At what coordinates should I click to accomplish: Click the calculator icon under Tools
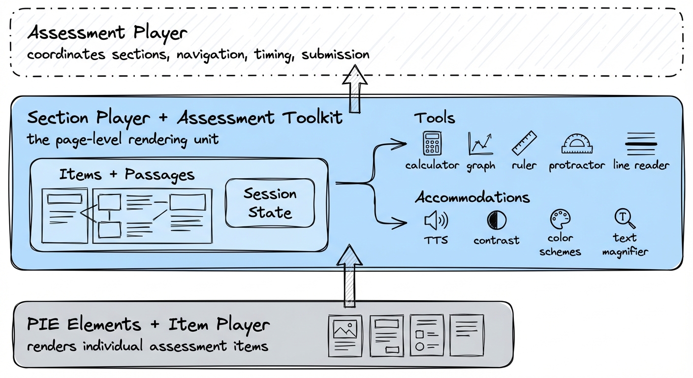pos(432,143)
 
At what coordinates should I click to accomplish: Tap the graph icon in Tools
pos(480,144)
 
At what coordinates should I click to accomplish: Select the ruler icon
pos(524,143)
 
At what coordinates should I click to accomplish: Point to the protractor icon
pos(577,144)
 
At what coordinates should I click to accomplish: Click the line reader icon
pos(641,143)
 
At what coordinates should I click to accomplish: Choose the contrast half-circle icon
pos(496,220)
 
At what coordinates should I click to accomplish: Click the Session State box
pos(270,203)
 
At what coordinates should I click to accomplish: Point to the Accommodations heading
pos(472,197)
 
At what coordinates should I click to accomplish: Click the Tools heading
pos(434,118)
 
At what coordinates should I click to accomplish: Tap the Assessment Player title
pos(107,33)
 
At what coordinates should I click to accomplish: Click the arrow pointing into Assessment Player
pos(355,89)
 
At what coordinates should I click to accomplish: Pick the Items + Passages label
pos(126,175)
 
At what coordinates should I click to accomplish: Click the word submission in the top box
pos(335,55)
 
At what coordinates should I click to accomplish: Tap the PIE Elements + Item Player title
pos(148,325)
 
